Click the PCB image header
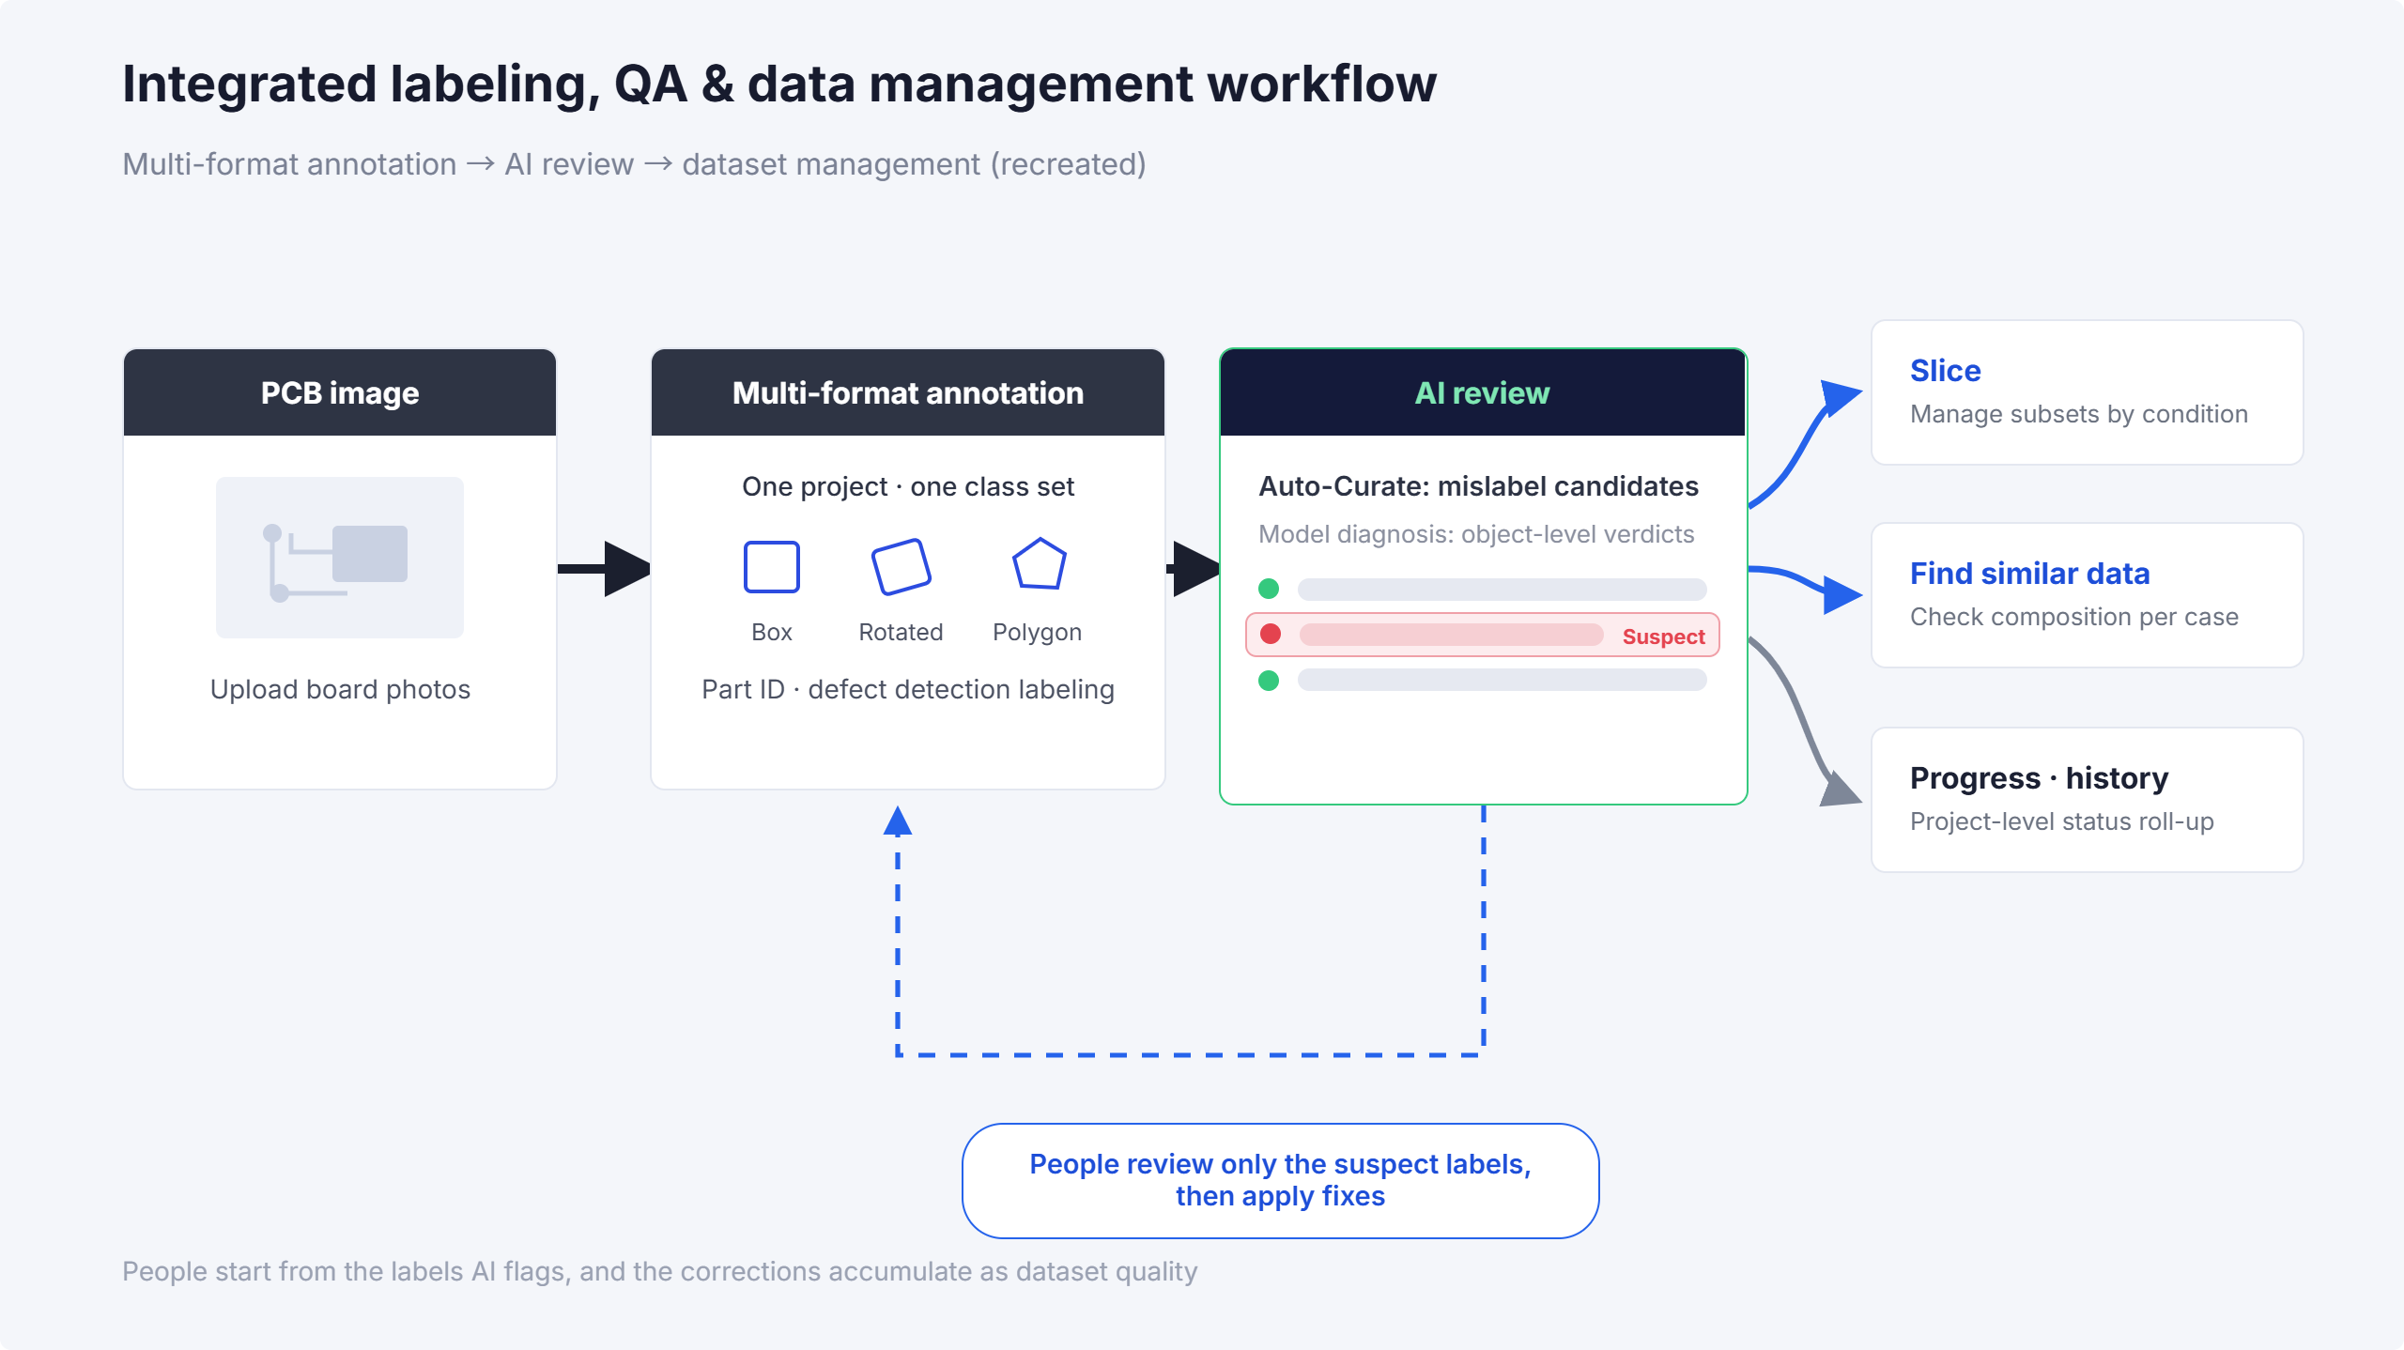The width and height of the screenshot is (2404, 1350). coord(340,392)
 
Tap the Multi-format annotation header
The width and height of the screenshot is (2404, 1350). coord(908,392)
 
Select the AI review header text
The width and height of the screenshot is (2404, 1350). coord(1482,392)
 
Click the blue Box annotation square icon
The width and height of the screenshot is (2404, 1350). coord(772,567)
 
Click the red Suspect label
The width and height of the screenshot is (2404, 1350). coord(1663,637)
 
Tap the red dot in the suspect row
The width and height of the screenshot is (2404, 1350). coord(1271,634)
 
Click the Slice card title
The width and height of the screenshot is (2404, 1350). coord(1945,371)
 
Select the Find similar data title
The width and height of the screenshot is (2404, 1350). coord(2029,574)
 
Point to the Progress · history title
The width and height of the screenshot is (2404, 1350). coord(2039,778)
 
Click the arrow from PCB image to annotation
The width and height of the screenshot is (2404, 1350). coord(605,568)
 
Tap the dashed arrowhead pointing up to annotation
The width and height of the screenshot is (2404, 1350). coord(898,821)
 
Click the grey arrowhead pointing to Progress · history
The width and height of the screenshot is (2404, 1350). coord(1841,789)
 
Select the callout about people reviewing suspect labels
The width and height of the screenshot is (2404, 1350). coord(1281,1180)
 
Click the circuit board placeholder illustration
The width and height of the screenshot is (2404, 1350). coord(340,558)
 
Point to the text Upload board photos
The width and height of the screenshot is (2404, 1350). coord(340,690)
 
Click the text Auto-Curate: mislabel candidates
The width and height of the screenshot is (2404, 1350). coord(1478,486)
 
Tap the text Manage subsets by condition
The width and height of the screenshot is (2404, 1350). coord(2079,414)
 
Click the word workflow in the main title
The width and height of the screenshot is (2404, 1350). coord(1321,84)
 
